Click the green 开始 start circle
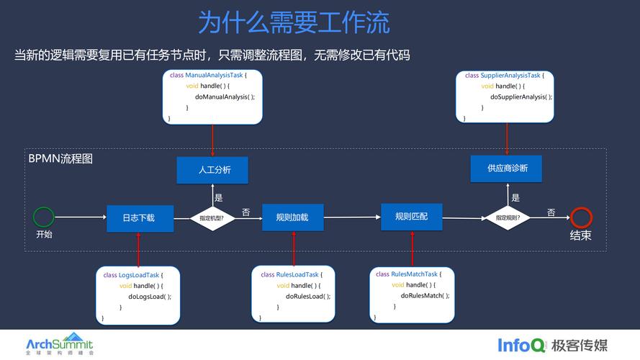[43, 217]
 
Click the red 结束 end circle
[580, 217]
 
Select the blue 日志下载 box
[140, 218]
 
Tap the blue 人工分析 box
[212, 170]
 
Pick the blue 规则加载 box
[292, 217]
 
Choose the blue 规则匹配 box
[411, 216]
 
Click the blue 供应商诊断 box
[506, 168]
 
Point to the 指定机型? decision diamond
[212, 218]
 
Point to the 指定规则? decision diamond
[508, 217]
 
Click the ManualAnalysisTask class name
[214, 75]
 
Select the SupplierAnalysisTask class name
[510, 75]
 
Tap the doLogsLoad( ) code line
[150, 297]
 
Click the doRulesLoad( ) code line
[308, 297]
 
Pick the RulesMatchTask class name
[414, 274]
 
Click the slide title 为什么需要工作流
[294, 22]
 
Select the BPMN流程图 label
[60, 158]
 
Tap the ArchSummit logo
[60, 343]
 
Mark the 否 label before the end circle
[551, 212]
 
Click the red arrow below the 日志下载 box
[138, 249]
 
